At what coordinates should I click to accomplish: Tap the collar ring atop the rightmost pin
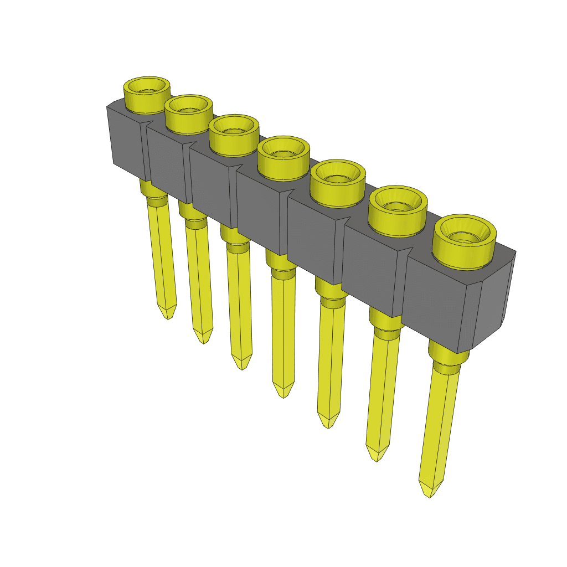pyautogui.click(x=446, y=368)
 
